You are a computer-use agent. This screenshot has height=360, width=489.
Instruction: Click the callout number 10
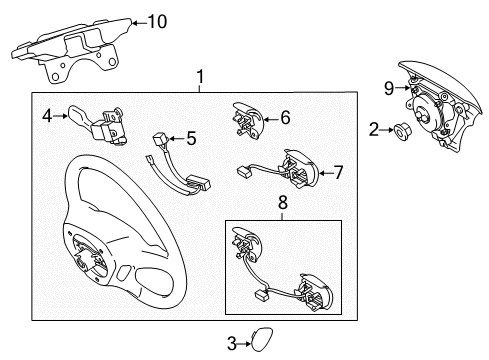pyautogui.click(x=157, y=22)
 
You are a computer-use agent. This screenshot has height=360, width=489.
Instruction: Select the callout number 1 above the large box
pyautogui.click(x=200, y=77)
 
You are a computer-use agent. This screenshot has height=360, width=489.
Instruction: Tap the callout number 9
pyautogui.click(x=389, y=88)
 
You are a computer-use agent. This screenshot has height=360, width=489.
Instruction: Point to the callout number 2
pyautogui.click(x=374, y=129)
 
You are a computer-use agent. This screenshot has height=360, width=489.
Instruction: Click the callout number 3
pyautogui.click(x=232, y=343)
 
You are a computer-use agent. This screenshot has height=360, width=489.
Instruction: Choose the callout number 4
pyautogui.click(x=47, y=116)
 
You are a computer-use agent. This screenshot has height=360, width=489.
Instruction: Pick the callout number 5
pyautogui.click(x=191, y=138)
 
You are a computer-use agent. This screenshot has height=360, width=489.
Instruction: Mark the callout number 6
pyautogui.click(x=285, y=117)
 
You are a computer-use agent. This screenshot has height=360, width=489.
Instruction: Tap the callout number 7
pyautogui.click(x=338, y=172)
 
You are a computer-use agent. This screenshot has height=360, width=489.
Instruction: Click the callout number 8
pyautogui.click(x=283, y=202)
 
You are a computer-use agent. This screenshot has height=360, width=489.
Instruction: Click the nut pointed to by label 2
pyautogui.click(x=403, y=130)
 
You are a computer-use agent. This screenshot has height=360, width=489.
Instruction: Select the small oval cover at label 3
pyautogui.click(x=262, y=339)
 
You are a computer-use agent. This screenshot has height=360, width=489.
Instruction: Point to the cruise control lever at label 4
pyautogui.click(x=95, y=125)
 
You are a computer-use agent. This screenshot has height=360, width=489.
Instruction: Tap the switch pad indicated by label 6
pyautogui.click(x=247, y=119)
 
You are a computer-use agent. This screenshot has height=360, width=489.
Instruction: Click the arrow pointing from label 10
pyautogui.click(x=140, y=23)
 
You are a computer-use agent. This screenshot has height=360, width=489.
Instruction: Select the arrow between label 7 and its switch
pyautogui.click(x=326, y=173)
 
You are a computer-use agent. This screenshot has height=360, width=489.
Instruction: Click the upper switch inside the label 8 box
pyautogui.click(x=247, y=244)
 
